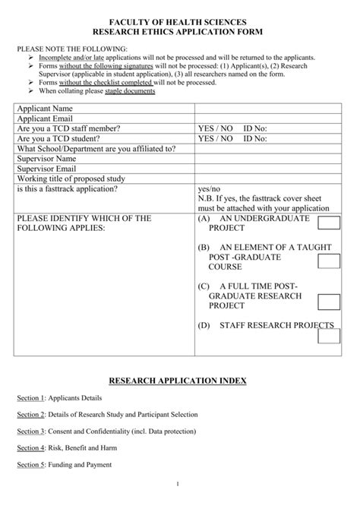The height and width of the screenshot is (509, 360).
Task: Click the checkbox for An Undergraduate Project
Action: point(329,222)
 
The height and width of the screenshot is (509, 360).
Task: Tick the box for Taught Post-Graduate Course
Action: point(329,262)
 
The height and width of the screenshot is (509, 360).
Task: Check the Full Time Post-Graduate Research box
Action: point(329,302)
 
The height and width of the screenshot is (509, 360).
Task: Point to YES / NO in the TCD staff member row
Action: point(215,129)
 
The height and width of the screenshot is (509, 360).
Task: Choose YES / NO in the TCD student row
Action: point(215,139)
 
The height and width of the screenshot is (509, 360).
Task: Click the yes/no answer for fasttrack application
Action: point(208,188)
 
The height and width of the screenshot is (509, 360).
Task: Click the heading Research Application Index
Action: point(180,379)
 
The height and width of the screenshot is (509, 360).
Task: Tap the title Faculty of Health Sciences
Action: point(180,24)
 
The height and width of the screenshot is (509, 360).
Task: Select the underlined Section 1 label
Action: point(32,398)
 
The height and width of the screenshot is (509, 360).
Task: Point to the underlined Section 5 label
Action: point(32,465)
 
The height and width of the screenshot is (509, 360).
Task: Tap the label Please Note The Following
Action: point(63,49)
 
